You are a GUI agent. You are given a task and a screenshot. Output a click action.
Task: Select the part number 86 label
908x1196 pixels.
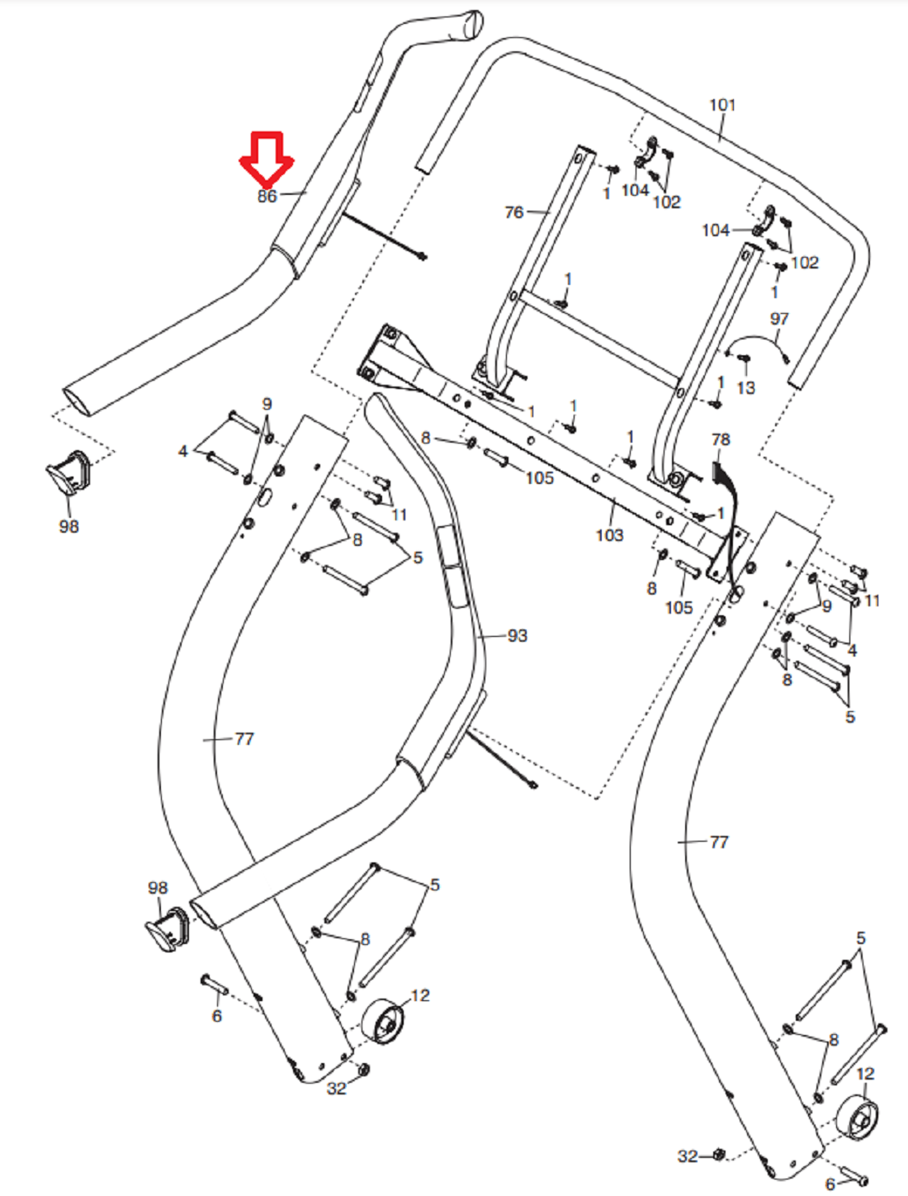(x=267, y=197)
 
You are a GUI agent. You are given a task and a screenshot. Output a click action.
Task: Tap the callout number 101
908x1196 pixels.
(x=722, y=105)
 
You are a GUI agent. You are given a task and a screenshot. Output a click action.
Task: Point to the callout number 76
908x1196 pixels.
(x=513, y=212)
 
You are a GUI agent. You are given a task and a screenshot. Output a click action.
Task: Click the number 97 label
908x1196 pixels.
(x=779, y=318)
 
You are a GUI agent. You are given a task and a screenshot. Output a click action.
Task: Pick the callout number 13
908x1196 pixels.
(x=745, y=387)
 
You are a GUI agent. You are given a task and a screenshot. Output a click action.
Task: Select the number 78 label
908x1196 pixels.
(x=721, y=439)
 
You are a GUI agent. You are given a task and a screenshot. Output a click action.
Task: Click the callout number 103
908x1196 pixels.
(x=609, y=535)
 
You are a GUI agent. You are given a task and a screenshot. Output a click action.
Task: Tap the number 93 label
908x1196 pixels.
(x=518, y=635)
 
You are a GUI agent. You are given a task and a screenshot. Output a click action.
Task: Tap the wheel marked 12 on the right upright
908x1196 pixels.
(x=857, y=1119)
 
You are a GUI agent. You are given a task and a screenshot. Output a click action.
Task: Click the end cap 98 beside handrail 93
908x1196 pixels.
(x=168, y=929)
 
